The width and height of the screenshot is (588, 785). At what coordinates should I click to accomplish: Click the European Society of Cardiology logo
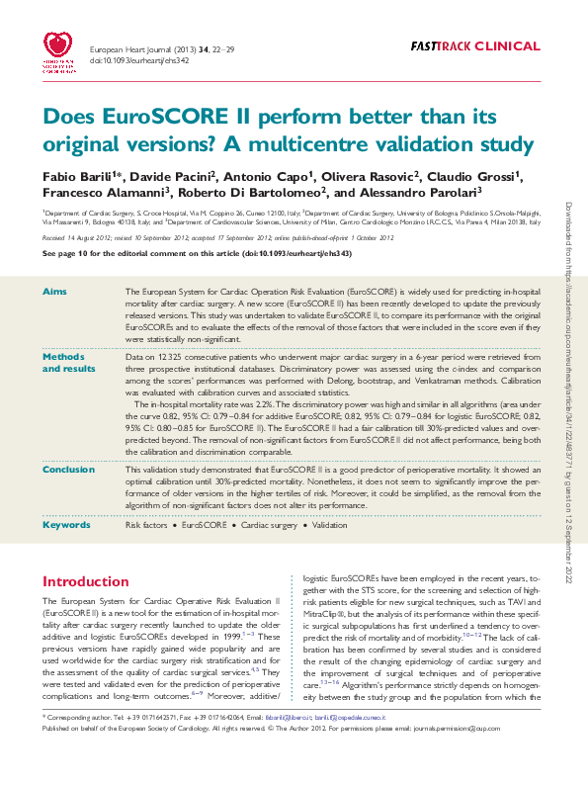click(62, 52)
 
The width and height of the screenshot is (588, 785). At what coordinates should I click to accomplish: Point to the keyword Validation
click(330, 525)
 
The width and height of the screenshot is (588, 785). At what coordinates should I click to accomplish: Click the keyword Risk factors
click(145, 525)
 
